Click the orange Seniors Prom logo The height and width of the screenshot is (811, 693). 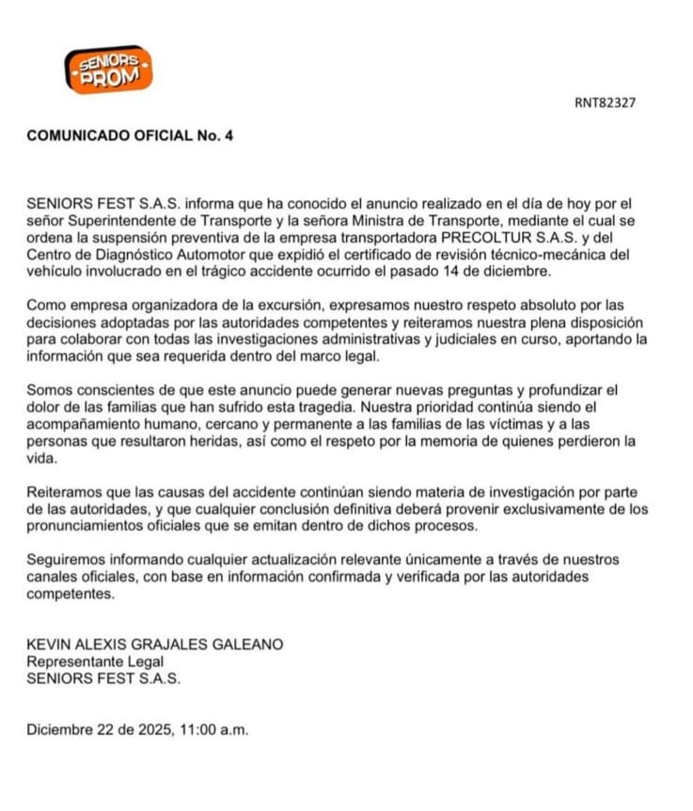108,70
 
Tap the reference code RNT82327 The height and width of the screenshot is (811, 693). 605,103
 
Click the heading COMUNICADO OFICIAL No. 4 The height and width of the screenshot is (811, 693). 130,135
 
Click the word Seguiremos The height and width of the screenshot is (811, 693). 64,560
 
